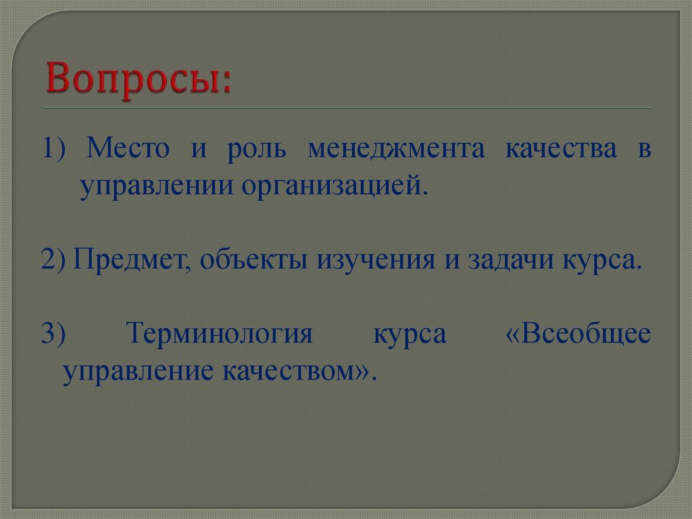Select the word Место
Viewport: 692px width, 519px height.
point(127,149)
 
